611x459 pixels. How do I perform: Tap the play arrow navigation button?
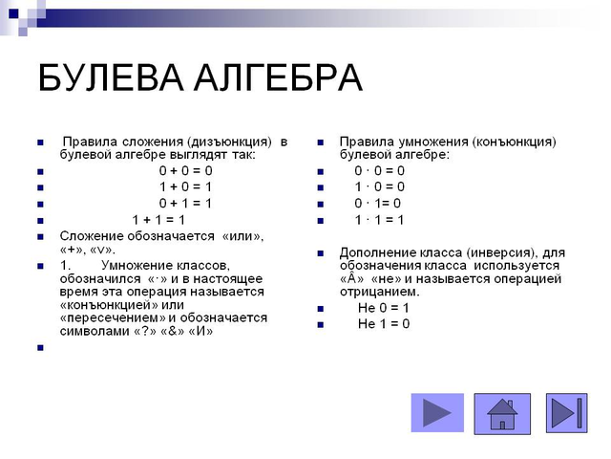(x=436, y=413)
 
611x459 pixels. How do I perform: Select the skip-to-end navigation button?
(x=566, y=413)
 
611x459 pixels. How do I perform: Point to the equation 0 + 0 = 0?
(x=186, y=171)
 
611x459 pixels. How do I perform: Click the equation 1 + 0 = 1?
(x=186, y=187)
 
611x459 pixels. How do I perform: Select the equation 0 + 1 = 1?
(x=186, y=204)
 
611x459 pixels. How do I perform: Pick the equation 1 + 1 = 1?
(x=158, y=220)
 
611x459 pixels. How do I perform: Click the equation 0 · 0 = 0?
(x=379, y=171)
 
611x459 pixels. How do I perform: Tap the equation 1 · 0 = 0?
(x=379, y=187)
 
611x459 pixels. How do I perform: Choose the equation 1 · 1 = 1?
(x=379, y=220)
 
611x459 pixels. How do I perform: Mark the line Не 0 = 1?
(x=383, y=308)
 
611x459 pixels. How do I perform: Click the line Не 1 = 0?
(x=383, y=324)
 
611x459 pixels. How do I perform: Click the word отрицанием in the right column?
(x=379, y=292)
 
